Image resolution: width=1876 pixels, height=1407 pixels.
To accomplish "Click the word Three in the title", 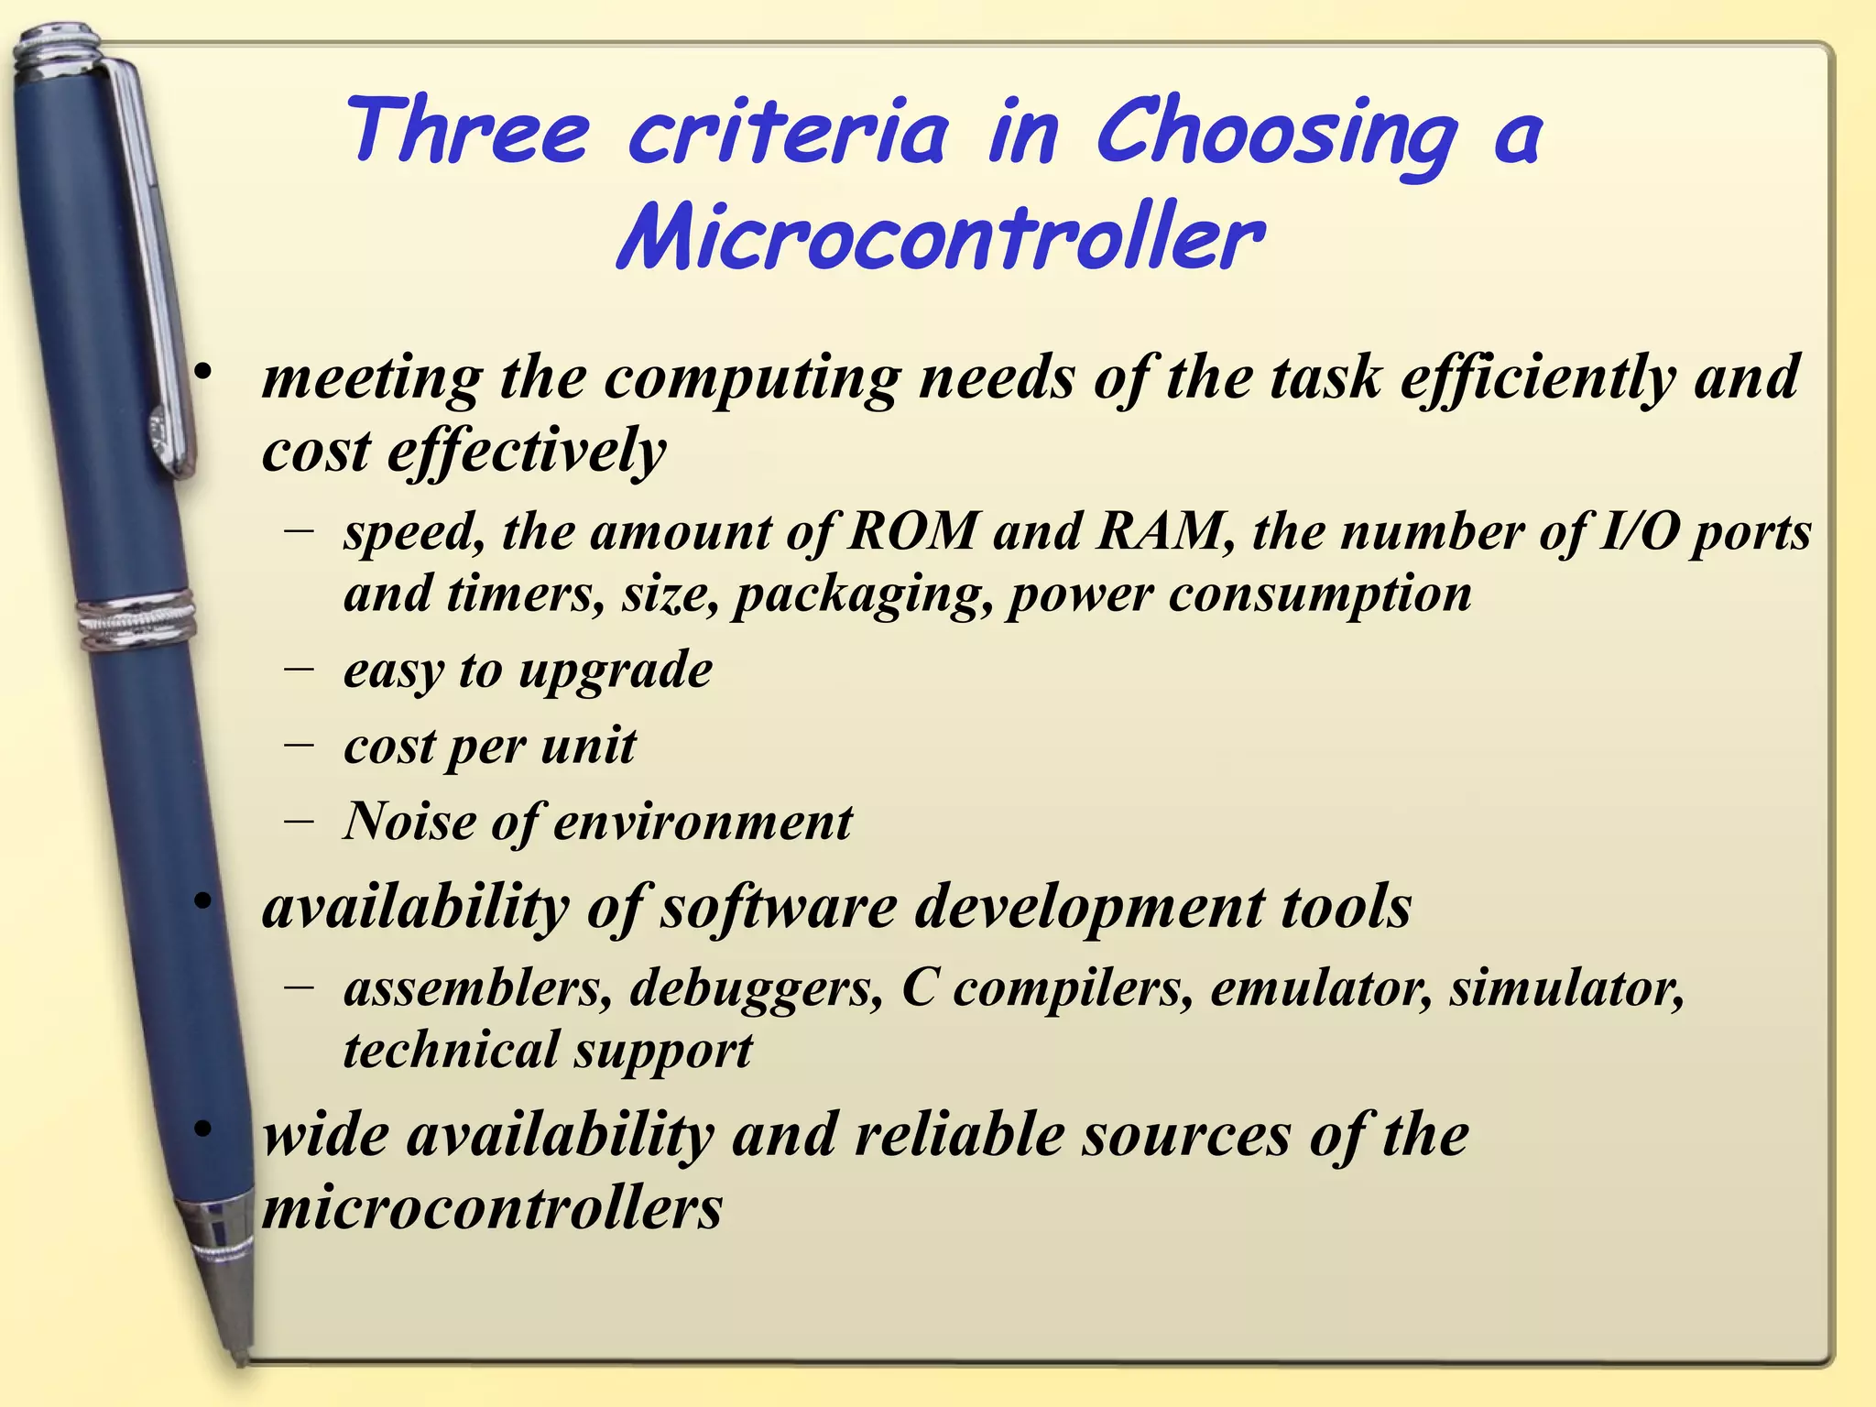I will point(467,132).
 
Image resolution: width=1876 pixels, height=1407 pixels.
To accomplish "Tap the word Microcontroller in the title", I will point(941,238).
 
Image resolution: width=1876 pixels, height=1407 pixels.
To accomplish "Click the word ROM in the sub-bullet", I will point(912,531).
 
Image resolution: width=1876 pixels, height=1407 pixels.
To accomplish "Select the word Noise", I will point(409,821).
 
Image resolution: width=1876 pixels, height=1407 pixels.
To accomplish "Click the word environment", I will point(703,822).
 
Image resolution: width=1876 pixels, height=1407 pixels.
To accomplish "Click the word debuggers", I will point(756,989).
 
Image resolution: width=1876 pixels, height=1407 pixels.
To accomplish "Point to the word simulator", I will point(1566,988).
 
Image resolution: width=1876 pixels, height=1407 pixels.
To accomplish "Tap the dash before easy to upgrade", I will point(298,670).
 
